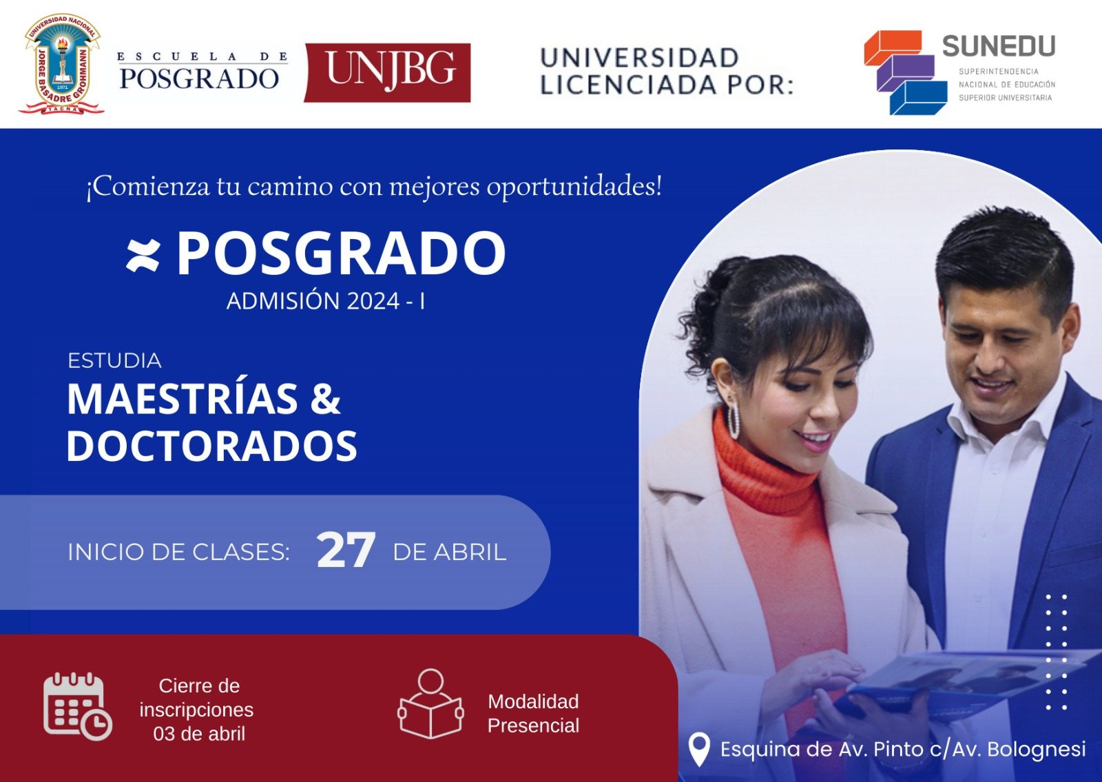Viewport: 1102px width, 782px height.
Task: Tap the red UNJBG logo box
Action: coord(387,73)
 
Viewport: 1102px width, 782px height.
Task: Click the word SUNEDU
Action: coord(999,47)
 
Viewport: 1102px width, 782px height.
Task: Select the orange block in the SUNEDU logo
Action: coord(893,48)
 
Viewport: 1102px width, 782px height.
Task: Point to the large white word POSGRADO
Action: coord(341,253)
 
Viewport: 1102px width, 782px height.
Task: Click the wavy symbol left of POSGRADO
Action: coord(143,256)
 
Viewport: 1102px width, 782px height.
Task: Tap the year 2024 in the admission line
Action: coord(373,300)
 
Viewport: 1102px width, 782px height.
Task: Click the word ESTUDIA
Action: coord(114,361)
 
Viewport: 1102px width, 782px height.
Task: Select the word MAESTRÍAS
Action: coord(183,398)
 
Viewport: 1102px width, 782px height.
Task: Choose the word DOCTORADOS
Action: coord(212,445)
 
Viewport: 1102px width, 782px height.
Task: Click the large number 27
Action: coord(346,550)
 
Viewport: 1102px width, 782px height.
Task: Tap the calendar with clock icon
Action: coord(78,707)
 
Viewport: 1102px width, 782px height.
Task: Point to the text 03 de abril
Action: coord(199,734)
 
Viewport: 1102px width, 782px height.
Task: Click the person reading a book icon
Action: coord(430,704)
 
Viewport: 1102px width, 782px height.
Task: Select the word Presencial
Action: coord(533,726)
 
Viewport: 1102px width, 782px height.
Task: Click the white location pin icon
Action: coord(698,749)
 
